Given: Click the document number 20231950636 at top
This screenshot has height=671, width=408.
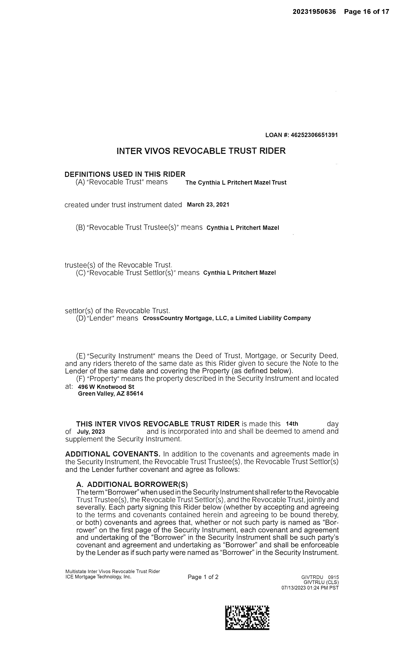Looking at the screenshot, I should (314, 12).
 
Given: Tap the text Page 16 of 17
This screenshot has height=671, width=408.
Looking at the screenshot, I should (366, 12).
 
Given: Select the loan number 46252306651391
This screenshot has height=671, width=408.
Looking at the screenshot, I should (314, 135).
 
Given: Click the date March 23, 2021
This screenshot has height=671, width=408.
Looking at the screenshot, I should (208, 205).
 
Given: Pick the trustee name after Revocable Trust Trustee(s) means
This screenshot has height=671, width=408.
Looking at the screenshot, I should (243, 228).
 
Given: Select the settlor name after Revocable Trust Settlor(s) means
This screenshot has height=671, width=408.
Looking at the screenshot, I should (240, 273).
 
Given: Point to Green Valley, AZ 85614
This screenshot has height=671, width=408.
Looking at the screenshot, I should (110, 394).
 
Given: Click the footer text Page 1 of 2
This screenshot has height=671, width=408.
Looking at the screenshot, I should (203, 577).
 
